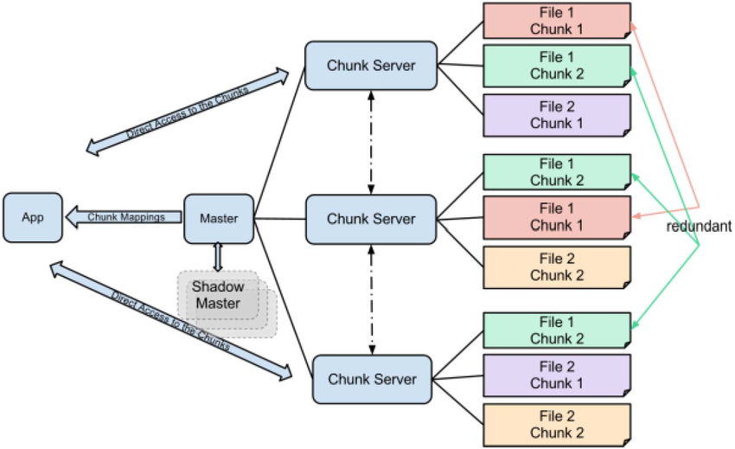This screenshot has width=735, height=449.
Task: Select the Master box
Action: tap(220, 218)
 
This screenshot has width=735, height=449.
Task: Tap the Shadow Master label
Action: tap(217, 295)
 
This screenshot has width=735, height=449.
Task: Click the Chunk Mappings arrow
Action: tap(126, 216)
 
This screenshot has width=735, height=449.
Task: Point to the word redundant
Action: tap(700, 226)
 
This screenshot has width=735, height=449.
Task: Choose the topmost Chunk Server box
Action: tap(370, 65)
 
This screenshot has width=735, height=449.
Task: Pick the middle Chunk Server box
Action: tap(371, 219)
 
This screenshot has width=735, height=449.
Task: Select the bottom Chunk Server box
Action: tap(371, 379)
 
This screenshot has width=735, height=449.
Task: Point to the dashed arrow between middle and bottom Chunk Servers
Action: tap(372, 299)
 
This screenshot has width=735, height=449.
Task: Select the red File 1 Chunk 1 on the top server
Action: tap(556, 21)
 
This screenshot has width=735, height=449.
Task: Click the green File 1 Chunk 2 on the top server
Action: tap(556, 66)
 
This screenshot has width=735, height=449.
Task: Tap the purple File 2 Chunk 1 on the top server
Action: tap(556, 115)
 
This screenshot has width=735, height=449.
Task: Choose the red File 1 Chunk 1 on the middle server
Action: tap(556, 217)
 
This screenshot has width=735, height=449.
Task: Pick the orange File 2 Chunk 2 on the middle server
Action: tap(556, 267)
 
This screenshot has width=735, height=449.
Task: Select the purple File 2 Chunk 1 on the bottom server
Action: tap(556, 375)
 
